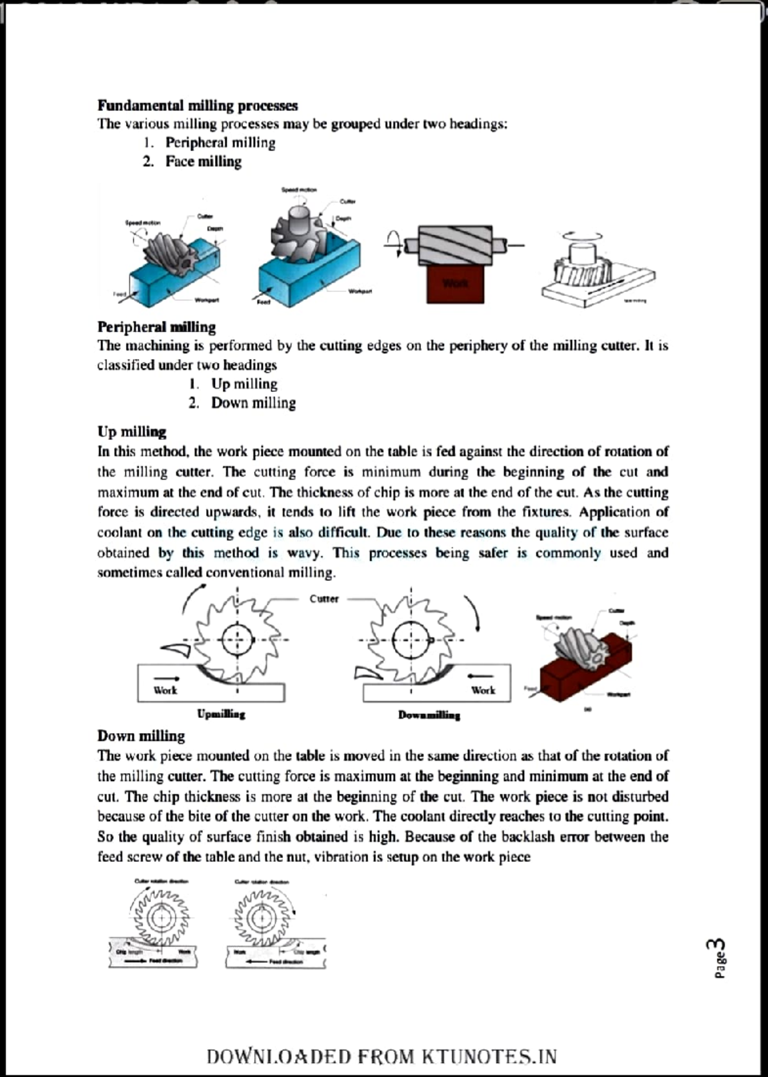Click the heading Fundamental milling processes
(197, 105)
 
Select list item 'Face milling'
(203, 161)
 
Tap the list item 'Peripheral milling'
(220, 143)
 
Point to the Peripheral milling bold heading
(156, 327)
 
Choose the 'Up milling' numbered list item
(244, 384)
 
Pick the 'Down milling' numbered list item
(253, 403)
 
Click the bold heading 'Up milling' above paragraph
(131, 432)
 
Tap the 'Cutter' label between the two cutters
(324, 599)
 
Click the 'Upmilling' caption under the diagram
(221, 713)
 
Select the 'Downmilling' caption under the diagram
(429, 715)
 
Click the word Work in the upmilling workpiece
(165, 690)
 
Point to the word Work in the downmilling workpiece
(483, 690)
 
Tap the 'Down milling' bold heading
(141, 736)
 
